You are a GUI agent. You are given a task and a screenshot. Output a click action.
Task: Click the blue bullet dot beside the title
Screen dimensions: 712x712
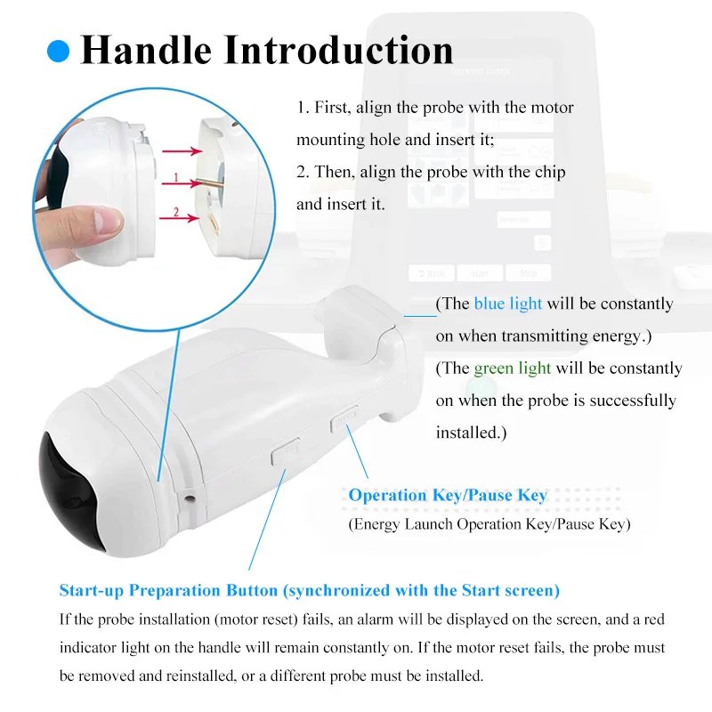58,51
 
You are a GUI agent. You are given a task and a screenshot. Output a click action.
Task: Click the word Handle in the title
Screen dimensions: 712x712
146,50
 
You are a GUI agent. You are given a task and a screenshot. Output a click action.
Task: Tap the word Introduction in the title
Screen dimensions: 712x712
339,50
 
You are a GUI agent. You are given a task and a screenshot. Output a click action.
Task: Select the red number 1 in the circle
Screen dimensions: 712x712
176,177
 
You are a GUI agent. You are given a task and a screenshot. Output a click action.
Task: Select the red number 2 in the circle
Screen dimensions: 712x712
176,212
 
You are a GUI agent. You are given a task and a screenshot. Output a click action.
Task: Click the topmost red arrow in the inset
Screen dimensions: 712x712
182,150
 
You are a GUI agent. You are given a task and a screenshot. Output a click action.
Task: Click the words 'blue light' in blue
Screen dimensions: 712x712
508,303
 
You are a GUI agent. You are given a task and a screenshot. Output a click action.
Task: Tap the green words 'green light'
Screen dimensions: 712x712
513,368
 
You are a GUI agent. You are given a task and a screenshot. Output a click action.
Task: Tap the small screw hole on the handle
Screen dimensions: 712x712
190,498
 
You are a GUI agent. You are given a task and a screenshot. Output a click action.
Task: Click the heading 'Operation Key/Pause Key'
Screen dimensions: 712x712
448,495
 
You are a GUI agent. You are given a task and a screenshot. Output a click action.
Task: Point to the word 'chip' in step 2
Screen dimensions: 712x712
550,172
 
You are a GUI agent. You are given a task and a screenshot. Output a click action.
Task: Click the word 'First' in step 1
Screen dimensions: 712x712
331,108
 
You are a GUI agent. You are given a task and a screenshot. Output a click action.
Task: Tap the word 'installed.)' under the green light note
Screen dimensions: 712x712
471,433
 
